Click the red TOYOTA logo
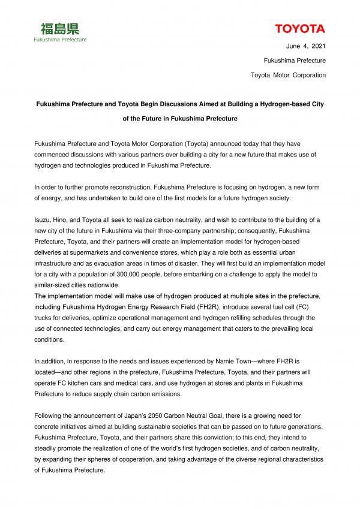(x=300, y=29)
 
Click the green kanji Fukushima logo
(x=59, y=28)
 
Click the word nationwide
(x=101, y=284)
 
